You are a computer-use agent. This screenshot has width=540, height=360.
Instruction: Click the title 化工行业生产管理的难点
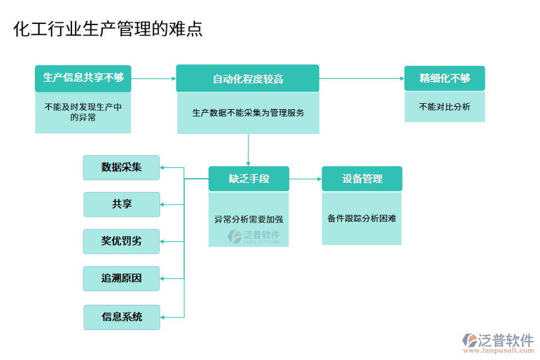108,29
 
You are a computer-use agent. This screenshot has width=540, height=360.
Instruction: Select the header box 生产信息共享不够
83,77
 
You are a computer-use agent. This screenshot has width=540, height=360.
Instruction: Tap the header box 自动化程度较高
247,79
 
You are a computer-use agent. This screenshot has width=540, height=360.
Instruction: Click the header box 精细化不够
445,78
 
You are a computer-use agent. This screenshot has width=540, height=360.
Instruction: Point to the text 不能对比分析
445,107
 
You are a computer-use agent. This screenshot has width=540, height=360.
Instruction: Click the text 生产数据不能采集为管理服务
248,112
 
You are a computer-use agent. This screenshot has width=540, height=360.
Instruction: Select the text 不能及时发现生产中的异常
83,112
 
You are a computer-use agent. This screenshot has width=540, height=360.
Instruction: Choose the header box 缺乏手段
248,179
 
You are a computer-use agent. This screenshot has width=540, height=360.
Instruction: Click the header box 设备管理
362,179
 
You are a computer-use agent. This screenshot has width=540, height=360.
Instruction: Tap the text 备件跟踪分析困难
362,218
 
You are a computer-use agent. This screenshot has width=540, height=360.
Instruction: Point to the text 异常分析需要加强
248,219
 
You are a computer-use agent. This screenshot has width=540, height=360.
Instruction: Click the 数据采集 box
121,167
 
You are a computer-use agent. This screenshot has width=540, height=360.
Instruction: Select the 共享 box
121,204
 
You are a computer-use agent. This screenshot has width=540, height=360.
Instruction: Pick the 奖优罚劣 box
121,241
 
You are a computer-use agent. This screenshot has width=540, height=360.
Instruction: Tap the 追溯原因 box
121,278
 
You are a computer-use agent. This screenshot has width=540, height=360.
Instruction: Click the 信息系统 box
121,317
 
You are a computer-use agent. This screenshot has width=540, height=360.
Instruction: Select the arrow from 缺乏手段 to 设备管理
305,179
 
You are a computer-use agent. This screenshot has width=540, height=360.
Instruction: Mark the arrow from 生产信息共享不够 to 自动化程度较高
153,78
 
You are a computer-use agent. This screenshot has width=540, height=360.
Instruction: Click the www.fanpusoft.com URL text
497,352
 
